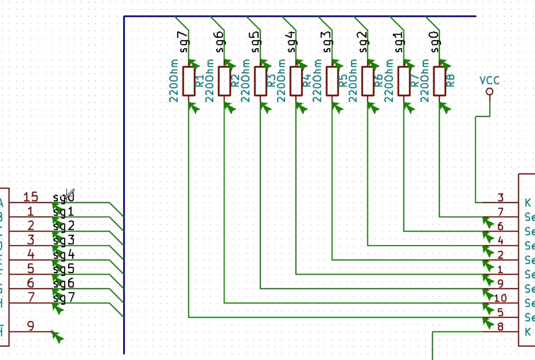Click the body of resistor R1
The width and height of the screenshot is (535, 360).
[x=189, y=81]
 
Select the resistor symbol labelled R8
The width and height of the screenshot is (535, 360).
[x=439, y=81]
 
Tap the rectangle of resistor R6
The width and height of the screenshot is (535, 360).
[x=368, y=81]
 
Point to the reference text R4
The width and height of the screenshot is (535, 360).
[x=307, y=81]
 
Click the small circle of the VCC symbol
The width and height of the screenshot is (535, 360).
[x=490, y=91]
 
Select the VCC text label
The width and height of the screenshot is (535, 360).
[x=489, y=80]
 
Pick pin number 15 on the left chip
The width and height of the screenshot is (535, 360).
[x=31, y=197]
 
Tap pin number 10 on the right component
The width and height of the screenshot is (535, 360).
[x=500, y=298]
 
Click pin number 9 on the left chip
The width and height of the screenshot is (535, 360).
[x=31, y=326]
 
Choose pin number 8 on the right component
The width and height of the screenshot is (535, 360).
[x=500, y=327]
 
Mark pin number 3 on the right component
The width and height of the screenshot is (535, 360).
[x=500, y=198]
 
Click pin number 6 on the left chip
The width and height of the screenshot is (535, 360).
[x=31, y=283]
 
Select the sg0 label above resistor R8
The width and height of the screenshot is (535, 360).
[x=435, y=42]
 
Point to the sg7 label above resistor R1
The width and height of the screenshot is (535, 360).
[x=184, y=42]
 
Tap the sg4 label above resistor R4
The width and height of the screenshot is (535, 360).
[x=292, y=42]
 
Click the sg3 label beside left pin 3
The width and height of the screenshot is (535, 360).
[x=64, y=240]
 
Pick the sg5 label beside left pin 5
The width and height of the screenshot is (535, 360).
[x=64, y=269]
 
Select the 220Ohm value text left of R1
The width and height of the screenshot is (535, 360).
[x=174, y=80]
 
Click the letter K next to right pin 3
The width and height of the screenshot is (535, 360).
[x=528, y=202]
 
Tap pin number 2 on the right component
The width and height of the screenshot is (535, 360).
[x=500, y=255]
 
